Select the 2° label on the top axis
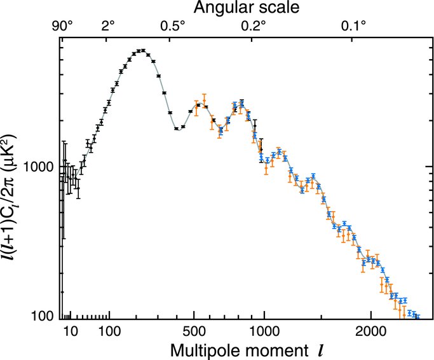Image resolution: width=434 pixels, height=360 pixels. [x=109, y=26]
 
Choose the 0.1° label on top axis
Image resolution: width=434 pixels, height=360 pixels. [x=354, y=26]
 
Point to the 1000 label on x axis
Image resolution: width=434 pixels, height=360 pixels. [x=264, y=331]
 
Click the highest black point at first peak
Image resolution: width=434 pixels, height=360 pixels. [x=142, y=50]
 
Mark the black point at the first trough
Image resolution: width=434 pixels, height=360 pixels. [x=177, y=128]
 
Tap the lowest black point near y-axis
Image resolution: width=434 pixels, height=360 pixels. [x=62, y=292]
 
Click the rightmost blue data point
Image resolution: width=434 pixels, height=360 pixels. [x=417, y=316]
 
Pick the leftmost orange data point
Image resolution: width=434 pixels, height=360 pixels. [x=196, y=109]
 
